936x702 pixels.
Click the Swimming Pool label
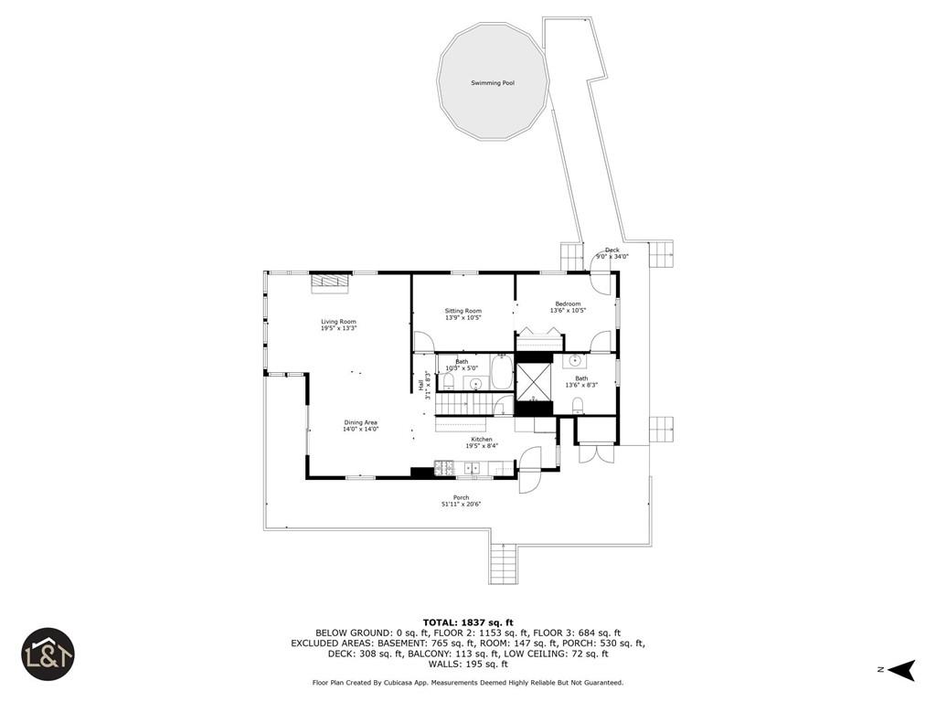[x=493, y=83]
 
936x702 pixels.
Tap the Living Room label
[x=338, y=322]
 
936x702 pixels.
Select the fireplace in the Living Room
[x=329, y=282]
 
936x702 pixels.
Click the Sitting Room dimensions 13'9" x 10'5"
[x=463, y=318]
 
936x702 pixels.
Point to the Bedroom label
[x=568, y=303]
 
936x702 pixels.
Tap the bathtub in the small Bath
[x=502, y=373]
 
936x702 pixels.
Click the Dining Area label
[x=360, y=422]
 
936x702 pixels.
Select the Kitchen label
[x=482, y=440]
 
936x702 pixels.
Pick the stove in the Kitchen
[x=443, y=469]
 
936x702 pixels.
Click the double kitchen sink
[x=473, y=469]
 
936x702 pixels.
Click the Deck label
[x=612, y=250]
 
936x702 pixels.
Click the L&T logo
[x=48, y=654]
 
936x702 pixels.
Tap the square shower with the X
[x=535, y=381]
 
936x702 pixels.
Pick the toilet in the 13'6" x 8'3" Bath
[x=578, y=404]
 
